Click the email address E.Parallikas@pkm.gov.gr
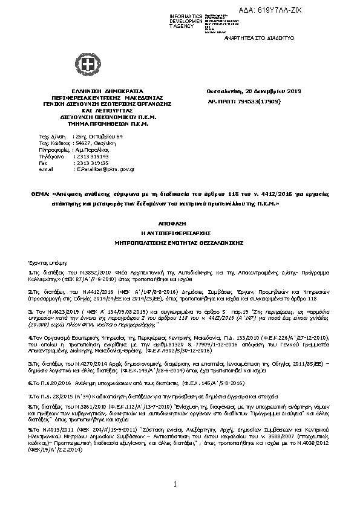(x=105, y=170)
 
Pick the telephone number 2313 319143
(x=88, y=157)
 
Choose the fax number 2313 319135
(x=88, y=163)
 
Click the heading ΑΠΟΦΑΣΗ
(x=180, y=222)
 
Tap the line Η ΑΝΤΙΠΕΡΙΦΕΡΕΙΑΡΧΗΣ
(x=180, y=232)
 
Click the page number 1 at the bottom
(x=174, y=484)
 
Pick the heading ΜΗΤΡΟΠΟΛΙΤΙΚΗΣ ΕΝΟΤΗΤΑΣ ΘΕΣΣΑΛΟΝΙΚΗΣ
(x=180, y=242)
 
